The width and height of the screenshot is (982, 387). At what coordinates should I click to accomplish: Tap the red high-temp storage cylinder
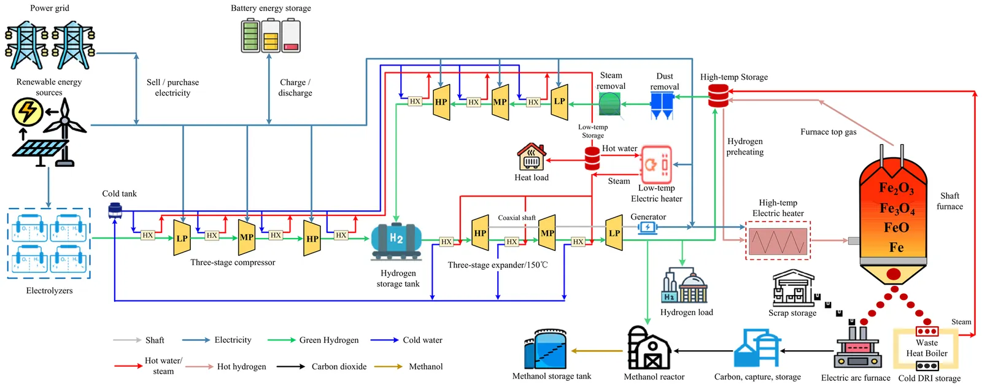[718, 96]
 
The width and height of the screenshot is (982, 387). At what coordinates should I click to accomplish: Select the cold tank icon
[115, 211]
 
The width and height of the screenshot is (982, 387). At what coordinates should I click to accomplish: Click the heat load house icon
[532, 157]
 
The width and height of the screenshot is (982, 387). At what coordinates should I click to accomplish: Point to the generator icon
[648, 228]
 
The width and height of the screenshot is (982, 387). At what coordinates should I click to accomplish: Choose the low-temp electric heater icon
[655, 164]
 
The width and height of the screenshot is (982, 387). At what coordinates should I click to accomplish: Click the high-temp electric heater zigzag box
[778, 241]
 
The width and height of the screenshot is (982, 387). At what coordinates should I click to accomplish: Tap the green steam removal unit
[609, 104]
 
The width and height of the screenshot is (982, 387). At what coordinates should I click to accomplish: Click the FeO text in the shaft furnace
[896, 228]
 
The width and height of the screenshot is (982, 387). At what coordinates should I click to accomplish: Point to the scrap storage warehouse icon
[792, 288]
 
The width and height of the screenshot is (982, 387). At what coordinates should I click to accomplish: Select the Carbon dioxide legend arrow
[290, 367]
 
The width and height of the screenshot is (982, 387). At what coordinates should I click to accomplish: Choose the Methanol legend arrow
[389, 367]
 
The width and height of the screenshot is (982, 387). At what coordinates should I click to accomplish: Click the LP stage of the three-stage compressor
[182, 238]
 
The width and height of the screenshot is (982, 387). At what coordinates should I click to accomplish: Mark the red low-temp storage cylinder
[592, 158]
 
